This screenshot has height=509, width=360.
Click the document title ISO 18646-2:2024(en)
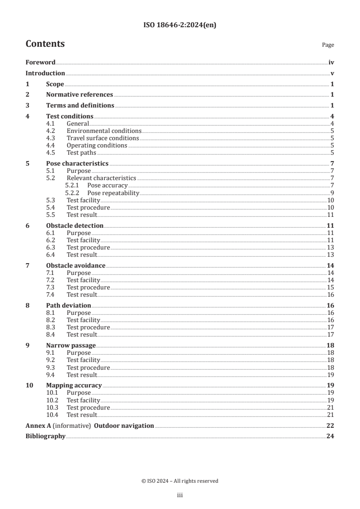pos(180,25)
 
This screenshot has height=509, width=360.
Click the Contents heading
pos(45,44)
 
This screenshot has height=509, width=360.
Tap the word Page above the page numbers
pos(328,45)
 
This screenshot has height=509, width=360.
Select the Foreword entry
pos(40,63)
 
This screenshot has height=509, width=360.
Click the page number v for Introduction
pos(332,73)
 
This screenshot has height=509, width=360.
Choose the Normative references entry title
pos(79,95)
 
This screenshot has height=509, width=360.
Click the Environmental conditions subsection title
pos(104,131)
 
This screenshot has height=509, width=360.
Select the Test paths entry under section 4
pos(81,153)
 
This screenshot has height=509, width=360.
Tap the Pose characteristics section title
pos(77,163)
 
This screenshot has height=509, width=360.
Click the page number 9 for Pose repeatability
pos(332,193)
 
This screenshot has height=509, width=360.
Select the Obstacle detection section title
pos(74,226)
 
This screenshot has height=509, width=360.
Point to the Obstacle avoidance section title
pos(76,265)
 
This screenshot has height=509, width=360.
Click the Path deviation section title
pos(69,305)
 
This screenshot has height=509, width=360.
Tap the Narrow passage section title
pos(71,345)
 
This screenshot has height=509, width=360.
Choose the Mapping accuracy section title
pos(74,385)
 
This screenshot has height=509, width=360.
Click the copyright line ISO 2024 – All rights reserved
pos(180,481)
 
